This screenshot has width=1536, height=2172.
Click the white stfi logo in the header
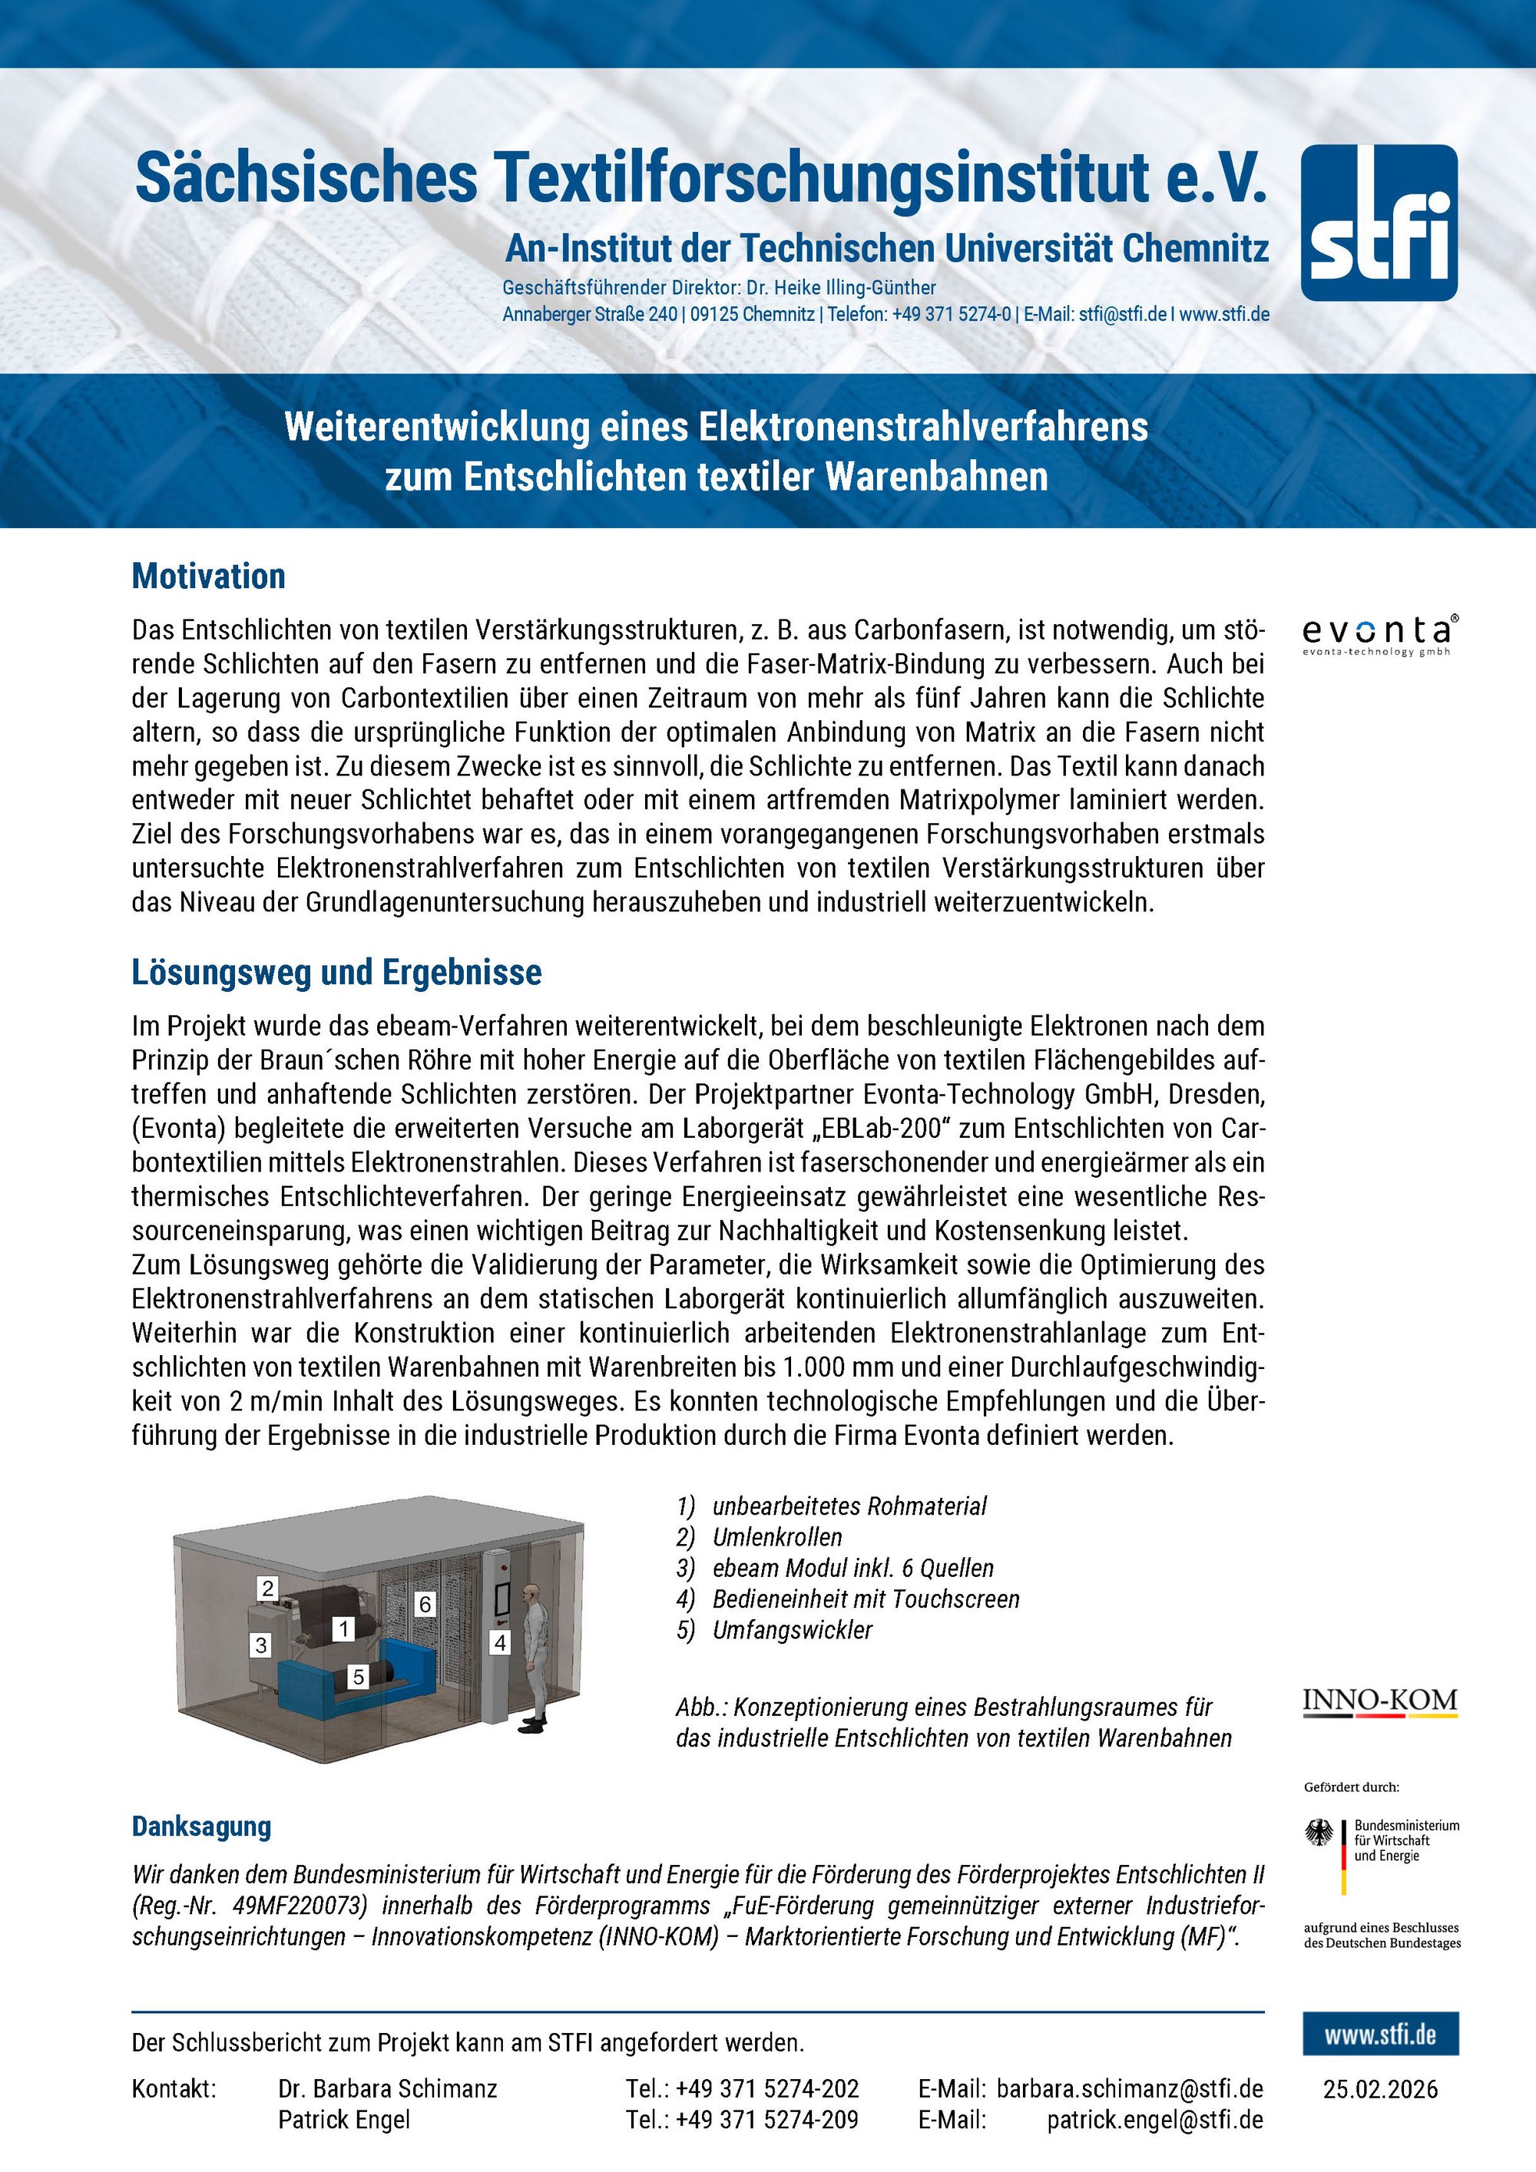pos(1379,223)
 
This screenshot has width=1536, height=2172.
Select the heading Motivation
pos(208,576)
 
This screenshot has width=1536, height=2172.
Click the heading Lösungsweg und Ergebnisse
pos(336,973)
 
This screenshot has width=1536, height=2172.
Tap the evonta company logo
pos(1379,634)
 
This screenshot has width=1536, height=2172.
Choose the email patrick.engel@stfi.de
pos(1154,2120)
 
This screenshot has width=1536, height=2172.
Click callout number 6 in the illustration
pos(425,1603)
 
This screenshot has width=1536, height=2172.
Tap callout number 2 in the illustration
pos(268,1589)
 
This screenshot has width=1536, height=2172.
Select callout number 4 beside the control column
pos(500,1643)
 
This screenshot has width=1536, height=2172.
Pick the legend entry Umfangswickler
pos(792,1630)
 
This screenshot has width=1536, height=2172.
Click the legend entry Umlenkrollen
pos(777,1537)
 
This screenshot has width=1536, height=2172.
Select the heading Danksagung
pos(201,1827)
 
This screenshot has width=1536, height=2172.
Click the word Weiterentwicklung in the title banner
pos(436,427)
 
